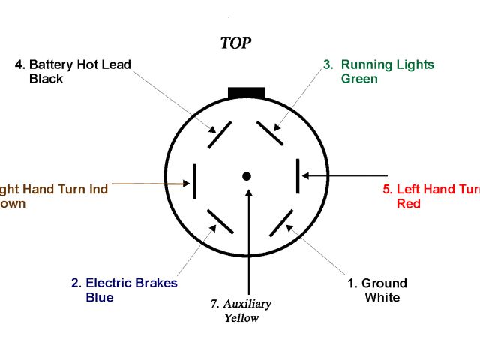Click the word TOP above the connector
click(x=235, y=43)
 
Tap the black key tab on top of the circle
click(x=246, y=92)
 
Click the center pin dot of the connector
click(x=246, y=176)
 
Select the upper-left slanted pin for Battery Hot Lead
click(x=220, y=134)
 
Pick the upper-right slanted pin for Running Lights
click(x=269, y=133)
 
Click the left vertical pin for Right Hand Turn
click(x=195, y=181)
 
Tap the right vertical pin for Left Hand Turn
click(x=298, y=177)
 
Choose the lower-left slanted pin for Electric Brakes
click(x=220, y=221)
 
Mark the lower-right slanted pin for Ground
click(x=280, y=223)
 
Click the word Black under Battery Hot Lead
click(x=46, y=79)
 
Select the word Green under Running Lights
click(x=359, y=79)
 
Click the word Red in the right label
click(x=408, y=203)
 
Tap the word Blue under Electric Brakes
click(x=100, y=297)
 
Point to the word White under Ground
click(x=382, y=297)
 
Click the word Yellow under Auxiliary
click(x=241, y=317)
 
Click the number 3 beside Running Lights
click(x=327, y=64)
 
